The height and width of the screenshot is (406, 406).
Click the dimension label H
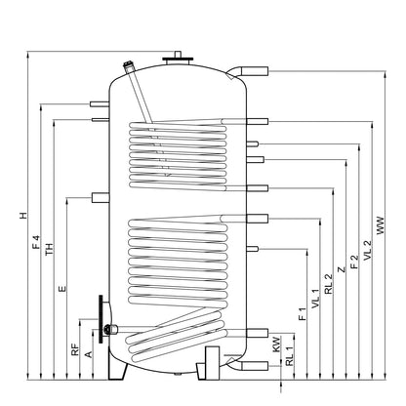coord(23,216)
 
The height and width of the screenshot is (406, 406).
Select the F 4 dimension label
coord(36,242)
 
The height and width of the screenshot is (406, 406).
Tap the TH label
coord(49,249)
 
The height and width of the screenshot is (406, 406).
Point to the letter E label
coord(62,289)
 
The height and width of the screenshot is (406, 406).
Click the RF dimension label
coord(75,349)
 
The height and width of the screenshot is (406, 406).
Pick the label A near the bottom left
coord(88,354)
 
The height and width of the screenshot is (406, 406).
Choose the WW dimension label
coord(381,225)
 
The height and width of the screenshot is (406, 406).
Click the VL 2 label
coord(367,250)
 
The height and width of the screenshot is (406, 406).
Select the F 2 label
coord(354,262)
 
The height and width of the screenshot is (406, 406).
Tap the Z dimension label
coord(341,269)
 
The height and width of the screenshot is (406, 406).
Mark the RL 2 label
coord(329,284)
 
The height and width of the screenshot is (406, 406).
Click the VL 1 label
coord(315,299)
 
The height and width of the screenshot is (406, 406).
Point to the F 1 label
coord(303,313)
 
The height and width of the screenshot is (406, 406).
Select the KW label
coord(276,345)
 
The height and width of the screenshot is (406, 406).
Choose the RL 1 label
coord(289,355)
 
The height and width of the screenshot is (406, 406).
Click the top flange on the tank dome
coord(178,60)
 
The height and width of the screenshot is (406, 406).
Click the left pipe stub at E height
coord(101,198)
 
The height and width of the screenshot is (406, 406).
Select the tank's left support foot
coord(117,367)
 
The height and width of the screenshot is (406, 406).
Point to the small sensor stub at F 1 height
coord(253,249)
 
